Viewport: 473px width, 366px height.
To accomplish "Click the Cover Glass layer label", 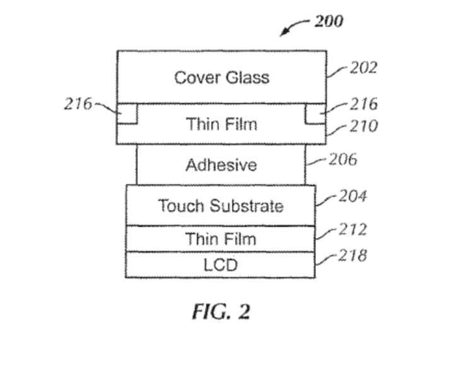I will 221,78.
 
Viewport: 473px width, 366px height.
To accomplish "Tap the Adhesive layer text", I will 221,165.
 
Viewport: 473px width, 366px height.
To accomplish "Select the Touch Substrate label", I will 221,206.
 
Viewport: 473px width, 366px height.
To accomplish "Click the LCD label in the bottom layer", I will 221,265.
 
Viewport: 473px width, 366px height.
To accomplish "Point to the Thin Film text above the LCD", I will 221,239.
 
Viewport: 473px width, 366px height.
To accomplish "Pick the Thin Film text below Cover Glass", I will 221,124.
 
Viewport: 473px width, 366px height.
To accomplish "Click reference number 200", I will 329,21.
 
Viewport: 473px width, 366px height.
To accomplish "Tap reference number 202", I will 363,68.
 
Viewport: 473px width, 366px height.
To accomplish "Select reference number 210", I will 363,126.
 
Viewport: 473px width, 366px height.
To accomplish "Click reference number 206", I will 342,159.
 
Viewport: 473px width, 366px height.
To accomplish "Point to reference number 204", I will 353,197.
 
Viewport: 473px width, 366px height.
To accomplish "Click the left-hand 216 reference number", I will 78,103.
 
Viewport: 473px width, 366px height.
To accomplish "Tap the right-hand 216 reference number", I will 363,103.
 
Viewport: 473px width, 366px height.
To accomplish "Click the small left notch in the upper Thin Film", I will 127,114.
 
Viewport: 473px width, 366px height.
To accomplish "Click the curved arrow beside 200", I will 294,27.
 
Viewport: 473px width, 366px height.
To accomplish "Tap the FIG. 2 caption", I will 221,312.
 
